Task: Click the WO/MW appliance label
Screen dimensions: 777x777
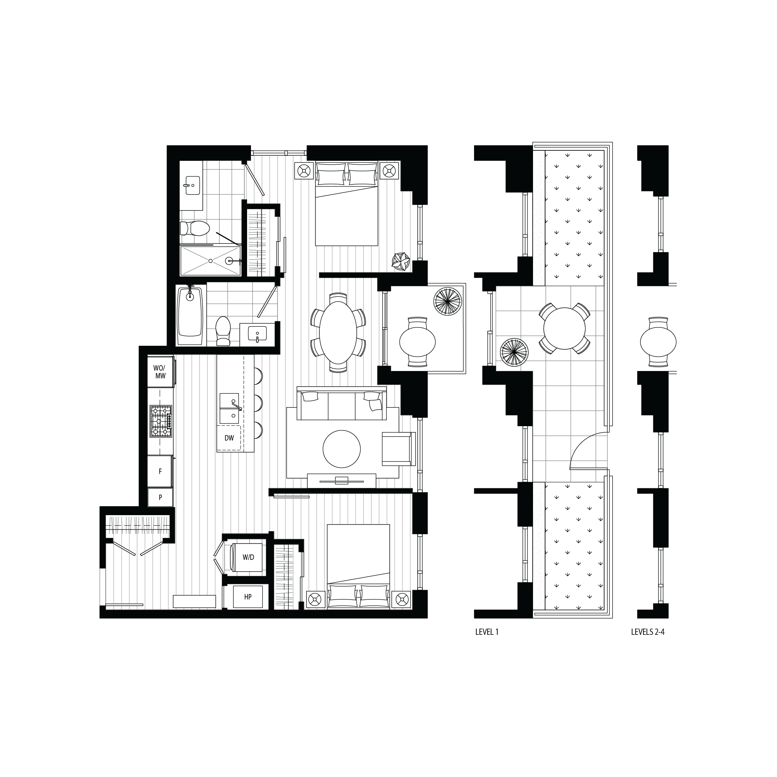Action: (x=160, y=372)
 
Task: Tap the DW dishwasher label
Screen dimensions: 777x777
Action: (x=229, y=438)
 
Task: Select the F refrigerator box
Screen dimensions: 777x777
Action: (x=160, y=471)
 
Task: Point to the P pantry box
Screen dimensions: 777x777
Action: (x=160, y=498)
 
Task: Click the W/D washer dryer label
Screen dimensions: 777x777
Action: (x=248, y=557)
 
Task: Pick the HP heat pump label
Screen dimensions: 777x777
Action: (x=248, y=597)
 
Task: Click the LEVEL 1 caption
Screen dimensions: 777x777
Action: (x=487, y=632)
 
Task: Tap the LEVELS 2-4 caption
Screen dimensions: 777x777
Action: (x=648, y=632)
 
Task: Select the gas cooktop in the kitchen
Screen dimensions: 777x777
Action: (x=161, y=421)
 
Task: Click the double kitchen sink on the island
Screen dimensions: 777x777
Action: (x=230, y=409)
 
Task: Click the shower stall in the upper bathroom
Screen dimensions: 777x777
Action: (x=210, y=261)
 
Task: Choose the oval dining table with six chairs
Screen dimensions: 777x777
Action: (x=338, y=332)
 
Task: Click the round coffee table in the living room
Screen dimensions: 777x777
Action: (x=341, y=449)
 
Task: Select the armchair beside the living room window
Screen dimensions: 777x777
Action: (x=397, y=449)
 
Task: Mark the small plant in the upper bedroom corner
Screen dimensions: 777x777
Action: (x=401, y=261)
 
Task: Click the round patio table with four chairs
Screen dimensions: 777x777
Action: (x=564, y=328)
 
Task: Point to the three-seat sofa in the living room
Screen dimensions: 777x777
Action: (x=341, y=404)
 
